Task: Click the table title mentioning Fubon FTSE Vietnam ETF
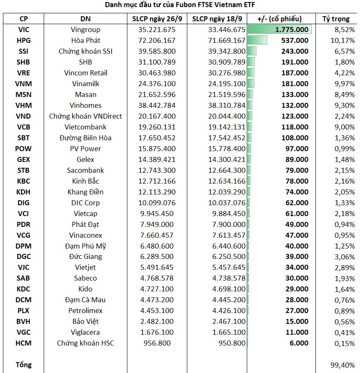tap(180, 5)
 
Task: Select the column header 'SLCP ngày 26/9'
tap(157, 19)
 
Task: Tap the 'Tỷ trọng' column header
tap(336, 19)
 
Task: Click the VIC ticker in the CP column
tap(24, 30)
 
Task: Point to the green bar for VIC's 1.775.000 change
tap(280, 30)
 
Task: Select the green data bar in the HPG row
tap(257, 40)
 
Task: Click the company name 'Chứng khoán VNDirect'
tap(85, 116)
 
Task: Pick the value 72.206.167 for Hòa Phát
tap(157, 40)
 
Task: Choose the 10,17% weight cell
tap(343, 40)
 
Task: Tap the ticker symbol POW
tap(23, 149)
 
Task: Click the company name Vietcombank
tap(85, 127)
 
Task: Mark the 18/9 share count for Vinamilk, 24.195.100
tap(226, 84)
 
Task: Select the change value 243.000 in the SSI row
tap(295, 51)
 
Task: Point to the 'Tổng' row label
tap(24, 365)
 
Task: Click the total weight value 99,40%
tap(343, 365)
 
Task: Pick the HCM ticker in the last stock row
tap(23, 343)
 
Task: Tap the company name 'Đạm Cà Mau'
tap(85, 300)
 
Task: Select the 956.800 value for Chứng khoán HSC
tap(157, 343)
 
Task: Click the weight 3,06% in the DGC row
tap(345, 257)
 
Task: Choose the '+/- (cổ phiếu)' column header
tap(279, 19)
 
